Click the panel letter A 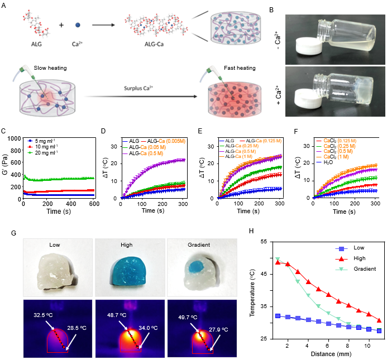click(x=5, y=6)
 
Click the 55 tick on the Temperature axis click(x=268, y=241)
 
